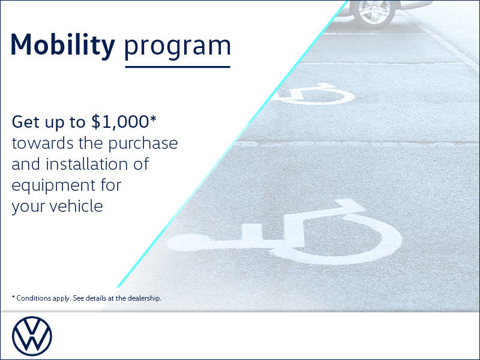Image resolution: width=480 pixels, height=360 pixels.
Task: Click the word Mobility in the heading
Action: click(62, 44)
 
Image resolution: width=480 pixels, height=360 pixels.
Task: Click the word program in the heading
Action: click(177, 47)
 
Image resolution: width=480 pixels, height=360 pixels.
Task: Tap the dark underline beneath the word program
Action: click(177, 67)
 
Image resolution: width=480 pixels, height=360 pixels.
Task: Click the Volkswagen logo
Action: click(32, 336)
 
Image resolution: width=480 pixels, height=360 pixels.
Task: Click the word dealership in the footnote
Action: click(143, 298)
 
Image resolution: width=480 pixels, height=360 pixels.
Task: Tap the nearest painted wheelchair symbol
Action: click(288, 231)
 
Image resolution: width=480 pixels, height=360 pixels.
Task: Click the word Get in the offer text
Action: click(26, 122)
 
